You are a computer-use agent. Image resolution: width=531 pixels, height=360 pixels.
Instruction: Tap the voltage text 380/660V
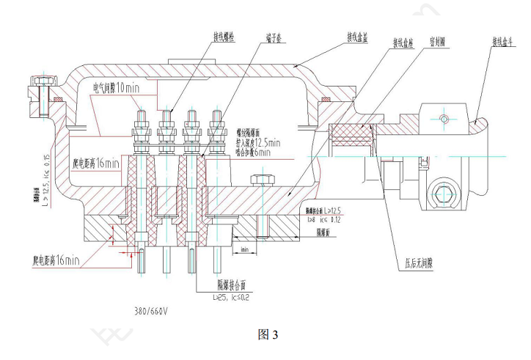147,310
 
